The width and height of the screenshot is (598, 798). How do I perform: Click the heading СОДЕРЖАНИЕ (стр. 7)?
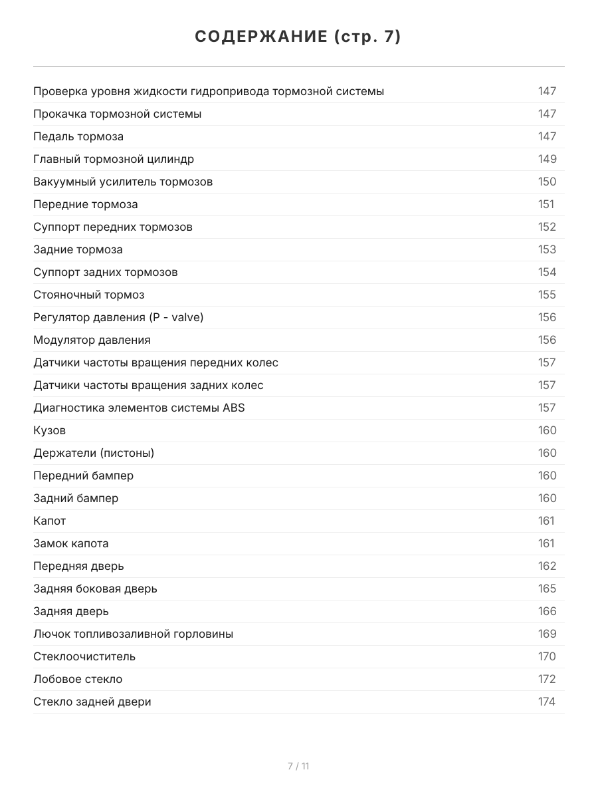click(298, 37)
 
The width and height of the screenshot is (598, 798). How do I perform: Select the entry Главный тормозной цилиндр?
click(114, 159)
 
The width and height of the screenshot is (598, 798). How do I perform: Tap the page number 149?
click(547, 159)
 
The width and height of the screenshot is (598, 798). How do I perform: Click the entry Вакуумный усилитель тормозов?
click(123, 182)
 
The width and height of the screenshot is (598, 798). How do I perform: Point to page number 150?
click(547, 182)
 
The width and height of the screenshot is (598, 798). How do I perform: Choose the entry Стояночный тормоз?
click(88, 295)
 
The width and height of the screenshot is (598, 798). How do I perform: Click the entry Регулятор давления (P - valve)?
click(118, 317)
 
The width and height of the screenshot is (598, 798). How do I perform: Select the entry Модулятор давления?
click(92, 340)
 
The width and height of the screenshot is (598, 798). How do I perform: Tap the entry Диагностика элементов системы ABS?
click(139, 408)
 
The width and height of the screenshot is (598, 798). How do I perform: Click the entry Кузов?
click(50, 430)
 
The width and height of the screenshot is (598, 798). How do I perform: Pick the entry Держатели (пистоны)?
click(94, 453)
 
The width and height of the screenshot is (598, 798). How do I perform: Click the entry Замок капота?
click(71, 543)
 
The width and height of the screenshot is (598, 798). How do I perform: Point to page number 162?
click(547, 566)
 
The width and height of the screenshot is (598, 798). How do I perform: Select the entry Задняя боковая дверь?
click(95, 589)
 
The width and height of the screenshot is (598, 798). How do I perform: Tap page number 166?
click(547, 611)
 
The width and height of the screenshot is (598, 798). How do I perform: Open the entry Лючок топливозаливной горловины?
click(133, 634)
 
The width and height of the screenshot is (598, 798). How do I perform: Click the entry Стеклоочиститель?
click(84, 656)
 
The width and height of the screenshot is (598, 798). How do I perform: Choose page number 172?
click(547, 679)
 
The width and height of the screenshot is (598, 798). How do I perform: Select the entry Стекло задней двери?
click(92, 702)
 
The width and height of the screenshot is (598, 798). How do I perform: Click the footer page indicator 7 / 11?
click(298, 766)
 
